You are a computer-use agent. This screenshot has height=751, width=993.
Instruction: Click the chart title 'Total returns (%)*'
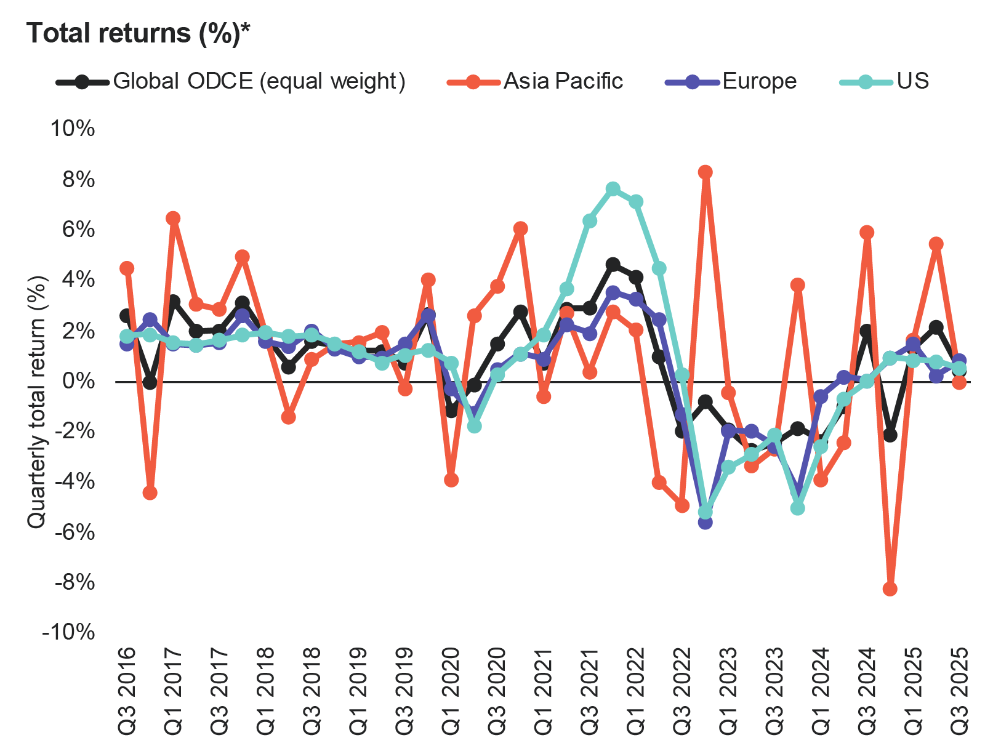pyautogui.click(x=139, y=33)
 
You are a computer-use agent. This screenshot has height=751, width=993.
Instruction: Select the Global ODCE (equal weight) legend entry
pyautogui.click(x=231, y=81)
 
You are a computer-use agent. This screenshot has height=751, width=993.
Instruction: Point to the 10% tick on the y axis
pyautogui.click(x=73, y=129)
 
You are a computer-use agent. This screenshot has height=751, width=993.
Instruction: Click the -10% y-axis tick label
pyautogui.click(x=68, y=632)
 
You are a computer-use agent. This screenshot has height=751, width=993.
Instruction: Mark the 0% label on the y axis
pyautogui.click(x=79, y=381)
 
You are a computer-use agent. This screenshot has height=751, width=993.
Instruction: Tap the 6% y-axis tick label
pyautogui.click(x=79, y=230)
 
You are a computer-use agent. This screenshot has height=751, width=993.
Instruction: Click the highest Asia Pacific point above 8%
pyautogui.click(x=706, y=172)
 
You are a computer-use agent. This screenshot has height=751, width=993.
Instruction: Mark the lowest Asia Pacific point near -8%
pyautogui.click(x=890, y=589)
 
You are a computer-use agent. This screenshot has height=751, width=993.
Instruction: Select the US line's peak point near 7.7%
pyautogui.click(x=613, y=188)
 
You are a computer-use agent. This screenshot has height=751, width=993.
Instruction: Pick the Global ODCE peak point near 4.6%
pyautogui.click(x=613, y=265)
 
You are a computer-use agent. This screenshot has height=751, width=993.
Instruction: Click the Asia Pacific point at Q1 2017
pyautogui.click(x=173, y=218)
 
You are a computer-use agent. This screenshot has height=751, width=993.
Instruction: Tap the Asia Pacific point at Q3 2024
pyautogui.click(x=867, y=232)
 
